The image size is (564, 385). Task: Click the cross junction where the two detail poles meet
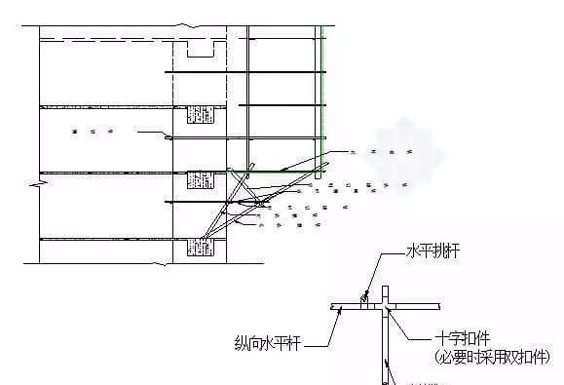pos(386,306)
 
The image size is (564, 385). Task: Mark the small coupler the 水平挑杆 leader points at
pos(362,303)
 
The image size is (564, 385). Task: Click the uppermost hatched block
pos(199,114)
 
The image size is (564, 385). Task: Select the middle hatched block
pos(199,180)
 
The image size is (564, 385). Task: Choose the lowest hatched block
pos(199,247)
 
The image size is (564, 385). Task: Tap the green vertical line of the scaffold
pos(321,97)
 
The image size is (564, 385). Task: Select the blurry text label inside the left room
pos(94,130)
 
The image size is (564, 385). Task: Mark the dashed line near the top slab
pos(107,39)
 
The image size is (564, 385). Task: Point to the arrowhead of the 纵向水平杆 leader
pos(337,310)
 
